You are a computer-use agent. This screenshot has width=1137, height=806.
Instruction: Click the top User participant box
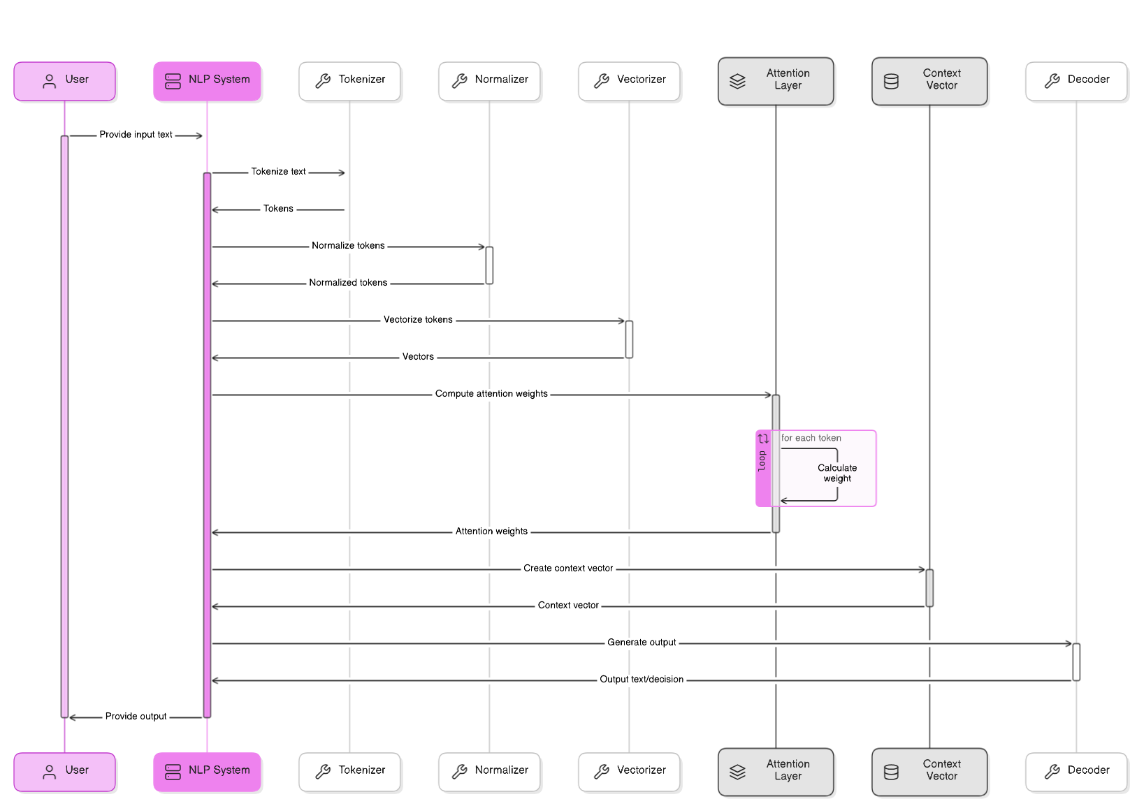64,81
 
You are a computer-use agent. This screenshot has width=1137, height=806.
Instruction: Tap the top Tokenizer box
349,81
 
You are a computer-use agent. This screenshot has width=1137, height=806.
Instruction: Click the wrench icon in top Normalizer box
459,81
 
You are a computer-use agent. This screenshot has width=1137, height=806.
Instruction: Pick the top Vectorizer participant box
629,81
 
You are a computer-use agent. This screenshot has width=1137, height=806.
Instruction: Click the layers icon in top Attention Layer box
737,81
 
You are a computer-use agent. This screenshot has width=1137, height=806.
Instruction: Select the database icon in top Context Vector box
891,81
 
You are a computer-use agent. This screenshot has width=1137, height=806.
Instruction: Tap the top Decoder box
1076,81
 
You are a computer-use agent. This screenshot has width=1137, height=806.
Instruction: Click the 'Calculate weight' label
837,473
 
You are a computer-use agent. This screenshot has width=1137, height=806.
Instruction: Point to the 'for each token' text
811,438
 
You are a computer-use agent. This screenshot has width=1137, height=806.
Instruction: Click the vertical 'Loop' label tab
762,462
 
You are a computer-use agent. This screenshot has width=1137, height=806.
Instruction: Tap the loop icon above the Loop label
763,439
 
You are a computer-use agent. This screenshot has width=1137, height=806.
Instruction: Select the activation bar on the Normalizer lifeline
489,265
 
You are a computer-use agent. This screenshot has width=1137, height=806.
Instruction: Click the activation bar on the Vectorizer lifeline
629,339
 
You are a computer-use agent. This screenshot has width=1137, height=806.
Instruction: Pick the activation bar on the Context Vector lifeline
929,588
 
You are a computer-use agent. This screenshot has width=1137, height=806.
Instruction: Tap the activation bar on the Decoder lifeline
1076,662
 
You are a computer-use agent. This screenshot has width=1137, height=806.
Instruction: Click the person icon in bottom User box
49,772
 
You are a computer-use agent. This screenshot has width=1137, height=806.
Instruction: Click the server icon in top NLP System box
173,81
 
